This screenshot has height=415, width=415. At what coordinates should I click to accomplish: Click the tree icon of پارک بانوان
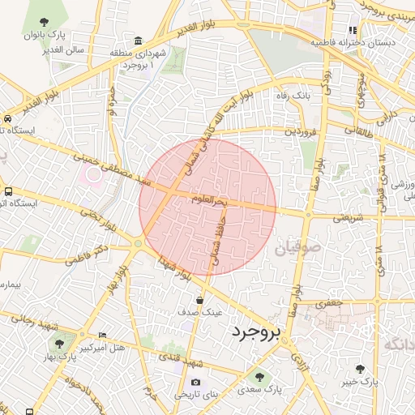pyautogui.click(x=43, y=22)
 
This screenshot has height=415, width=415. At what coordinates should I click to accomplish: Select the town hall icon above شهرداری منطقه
pyautogui.click(x=139, y=41)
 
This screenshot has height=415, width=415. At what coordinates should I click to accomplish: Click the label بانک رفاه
pyautogui.click(x=293, y=96)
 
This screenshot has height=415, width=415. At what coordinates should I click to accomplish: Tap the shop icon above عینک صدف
pyautogui.click(x=199, y=300)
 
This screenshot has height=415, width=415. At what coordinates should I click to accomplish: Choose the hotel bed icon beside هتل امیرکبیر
pyautogui.click(x=101, y=335)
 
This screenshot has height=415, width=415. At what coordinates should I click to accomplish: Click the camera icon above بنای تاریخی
pyautogui.click(x=195, y=382)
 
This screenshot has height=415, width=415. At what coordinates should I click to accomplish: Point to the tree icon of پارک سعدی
pyautogui.click(x=259, y=376)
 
